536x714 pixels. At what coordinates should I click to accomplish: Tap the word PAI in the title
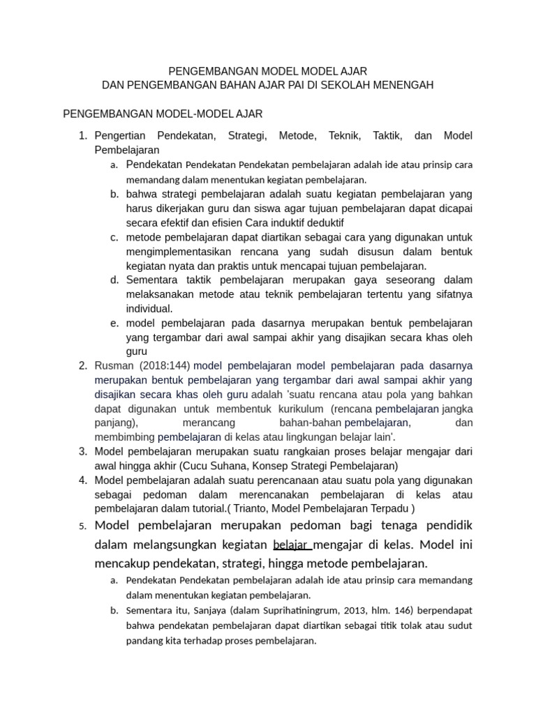(308, 85)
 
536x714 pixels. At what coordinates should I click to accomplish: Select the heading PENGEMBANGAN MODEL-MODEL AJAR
(163, 113)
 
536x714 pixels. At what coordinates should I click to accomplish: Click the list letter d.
(114, 280)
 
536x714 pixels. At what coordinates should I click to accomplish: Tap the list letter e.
(114, 324)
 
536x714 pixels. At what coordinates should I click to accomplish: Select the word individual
(149, 309)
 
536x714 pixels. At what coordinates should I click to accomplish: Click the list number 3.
(82, 451)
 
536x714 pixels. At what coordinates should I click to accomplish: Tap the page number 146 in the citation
(410, 610)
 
